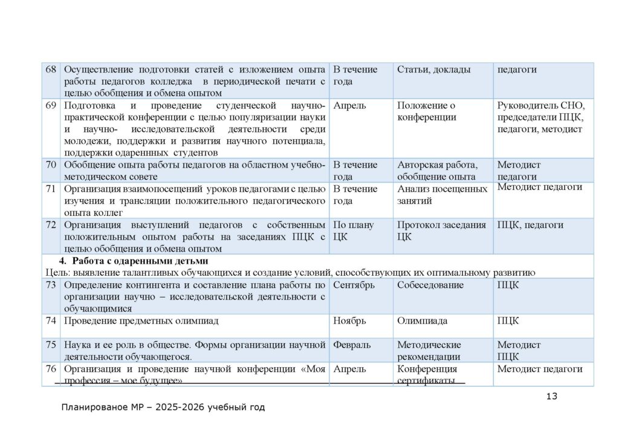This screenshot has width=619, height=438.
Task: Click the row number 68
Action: click(x=51, y=70)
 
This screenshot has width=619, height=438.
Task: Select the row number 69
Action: click(x=51, y=105)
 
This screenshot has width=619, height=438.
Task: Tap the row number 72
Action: click(x=51, y=225)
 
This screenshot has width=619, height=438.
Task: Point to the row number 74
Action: click(x=51, y=321)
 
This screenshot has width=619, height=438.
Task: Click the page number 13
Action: click(x=551, y=396)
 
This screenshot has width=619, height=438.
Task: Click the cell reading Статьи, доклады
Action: click(x=433, y=70)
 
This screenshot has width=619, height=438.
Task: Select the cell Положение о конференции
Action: click(x=426, y=111)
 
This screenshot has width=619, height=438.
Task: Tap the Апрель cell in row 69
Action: click(x=349, y=105)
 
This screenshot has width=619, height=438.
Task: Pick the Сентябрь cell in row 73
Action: click(x=354, y=284)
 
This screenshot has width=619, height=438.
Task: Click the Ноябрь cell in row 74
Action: click(x=349, y=321)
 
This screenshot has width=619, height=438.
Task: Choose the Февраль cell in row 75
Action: click(x=352, y=345)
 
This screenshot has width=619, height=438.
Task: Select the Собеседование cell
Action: click(x=430, y=284)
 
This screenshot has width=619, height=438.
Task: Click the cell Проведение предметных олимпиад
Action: click(x=141, y=321)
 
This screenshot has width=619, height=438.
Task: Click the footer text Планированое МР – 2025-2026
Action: click(x=163, y=407)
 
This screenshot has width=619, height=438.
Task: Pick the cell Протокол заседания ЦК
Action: click(x=441, y=230)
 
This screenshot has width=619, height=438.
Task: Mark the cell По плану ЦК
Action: click(x=353, y=230)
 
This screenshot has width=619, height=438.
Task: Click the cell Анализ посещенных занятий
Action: click(x=442, y=194)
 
